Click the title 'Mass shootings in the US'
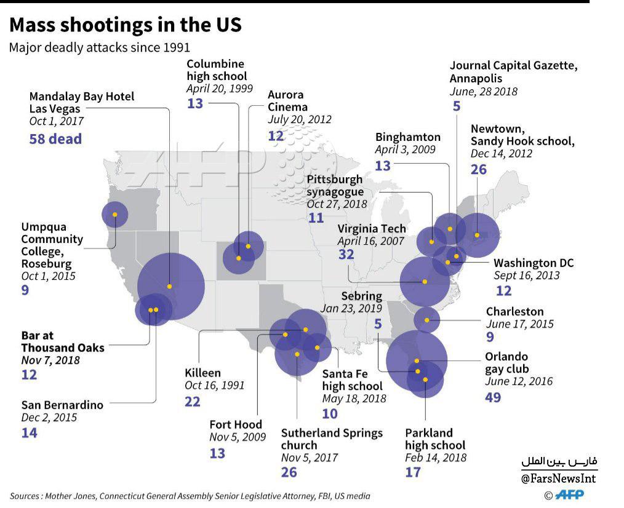pos(126,25)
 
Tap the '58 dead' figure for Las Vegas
pos(56,139)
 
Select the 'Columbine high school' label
pos(217,70)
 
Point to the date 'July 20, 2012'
pos(299,119)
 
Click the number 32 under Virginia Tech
pos(346,254)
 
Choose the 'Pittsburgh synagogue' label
pos(335,185)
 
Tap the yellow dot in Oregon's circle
pos(115,215)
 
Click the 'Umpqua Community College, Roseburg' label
pos(52,245)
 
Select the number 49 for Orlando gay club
pos(493,397)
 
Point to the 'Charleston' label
pos(514,311)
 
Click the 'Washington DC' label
pos(534,263)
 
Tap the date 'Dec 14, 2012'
pos(502,154)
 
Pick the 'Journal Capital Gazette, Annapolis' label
pos(513,71)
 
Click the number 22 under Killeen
pos(193,402)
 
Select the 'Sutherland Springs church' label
pos(332,439)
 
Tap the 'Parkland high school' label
pos(435,439)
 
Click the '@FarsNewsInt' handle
pos(558,478)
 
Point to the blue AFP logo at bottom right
pos(569,494)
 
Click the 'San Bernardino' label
pos(63,405)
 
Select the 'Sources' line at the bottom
pos(190,496)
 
